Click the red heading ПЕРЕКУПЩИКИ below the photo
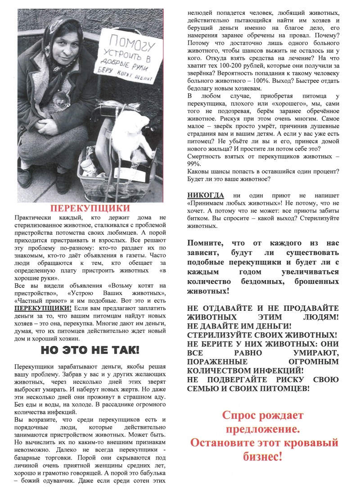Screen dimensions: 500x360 (x=90, y=209)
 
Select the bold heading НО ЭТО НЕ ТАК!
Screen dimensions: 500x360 (x=90, y=350)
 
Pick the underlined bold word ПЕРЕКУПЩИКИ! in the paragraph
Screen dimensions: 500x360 (x=43, y=309)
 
